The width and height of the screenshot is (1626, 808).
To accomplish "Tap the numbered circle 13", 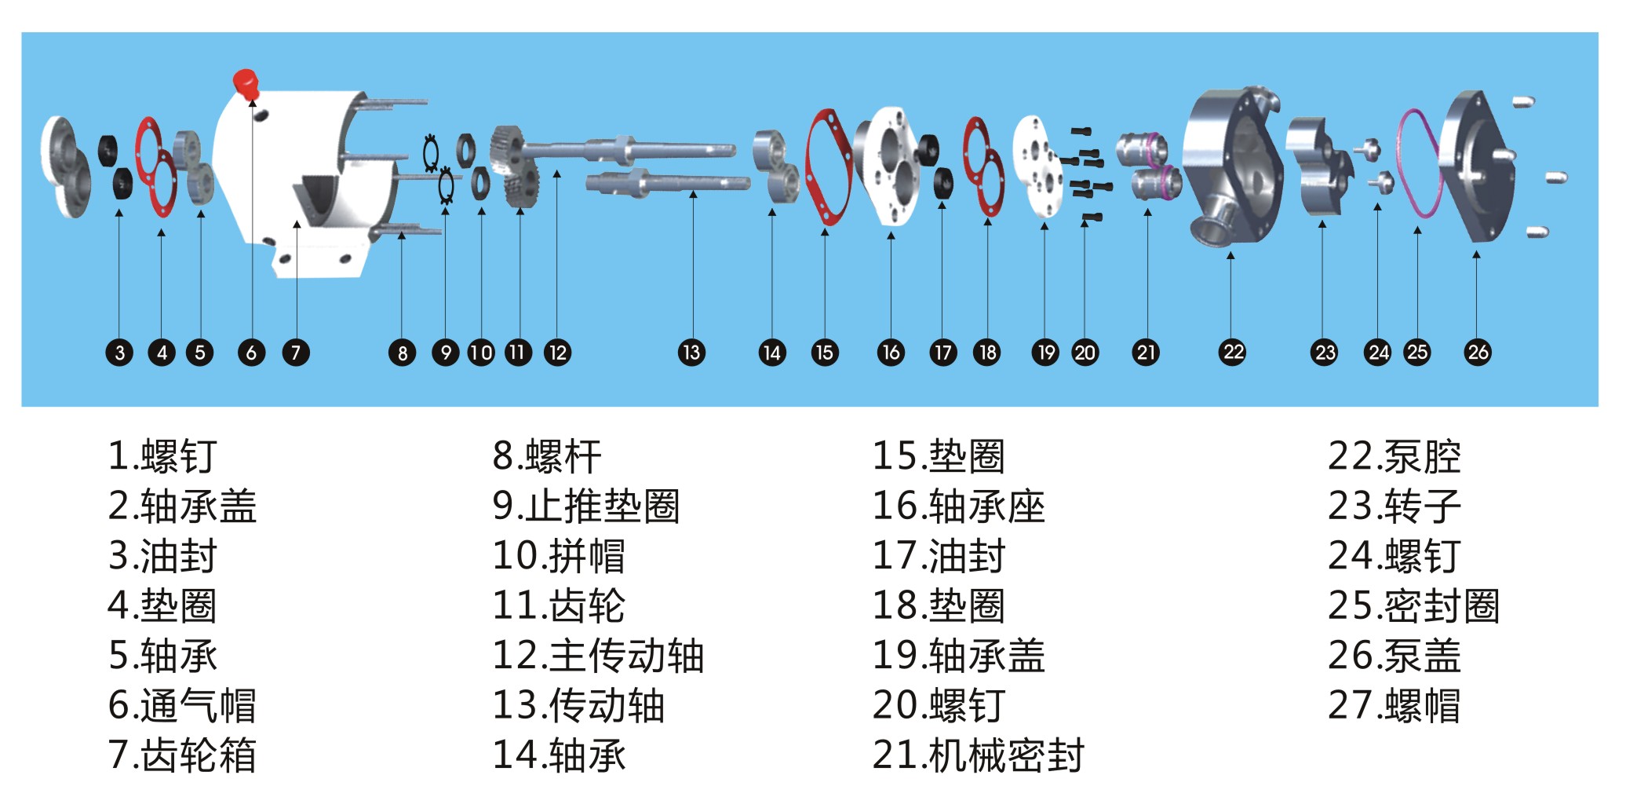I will coord(691,353).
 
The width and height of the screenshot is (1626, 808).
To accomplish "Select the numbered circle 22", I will coord(1233,352).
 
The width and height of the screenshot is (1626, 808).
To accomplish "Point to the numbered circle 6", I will coord(251,353).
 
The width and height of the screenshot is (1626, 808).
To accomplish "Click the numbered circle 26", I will coord(1478,352).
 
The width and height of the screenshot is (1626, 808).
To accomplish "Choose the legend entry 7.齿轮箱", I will coord(182,755).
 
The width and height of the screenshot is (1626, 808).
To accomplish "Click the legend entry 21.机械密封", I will coord(978,755).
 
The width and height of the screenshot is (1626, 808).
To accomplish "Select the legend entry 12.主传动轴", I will coord(598,655).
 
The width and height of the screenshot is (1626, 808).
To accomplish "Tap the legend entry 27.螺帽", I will coord(1394,705).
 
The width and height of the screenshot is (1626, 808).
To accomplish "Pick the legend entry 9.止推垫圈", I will coord(585,506).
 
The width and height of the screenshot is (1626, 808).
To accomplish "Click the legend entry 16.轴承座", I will coord(959,506).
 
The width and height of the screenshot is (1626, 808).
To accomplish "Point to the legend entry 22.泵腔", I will coord(1394,456).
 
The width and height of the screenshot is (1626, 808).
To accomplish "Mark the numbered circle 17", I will coord(942,353).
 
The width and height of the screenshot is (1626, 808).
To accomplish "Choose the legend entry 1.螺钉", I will coord(162,456).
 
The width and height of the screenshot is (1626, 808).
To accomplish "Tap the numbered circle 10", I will coord(480,353).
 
